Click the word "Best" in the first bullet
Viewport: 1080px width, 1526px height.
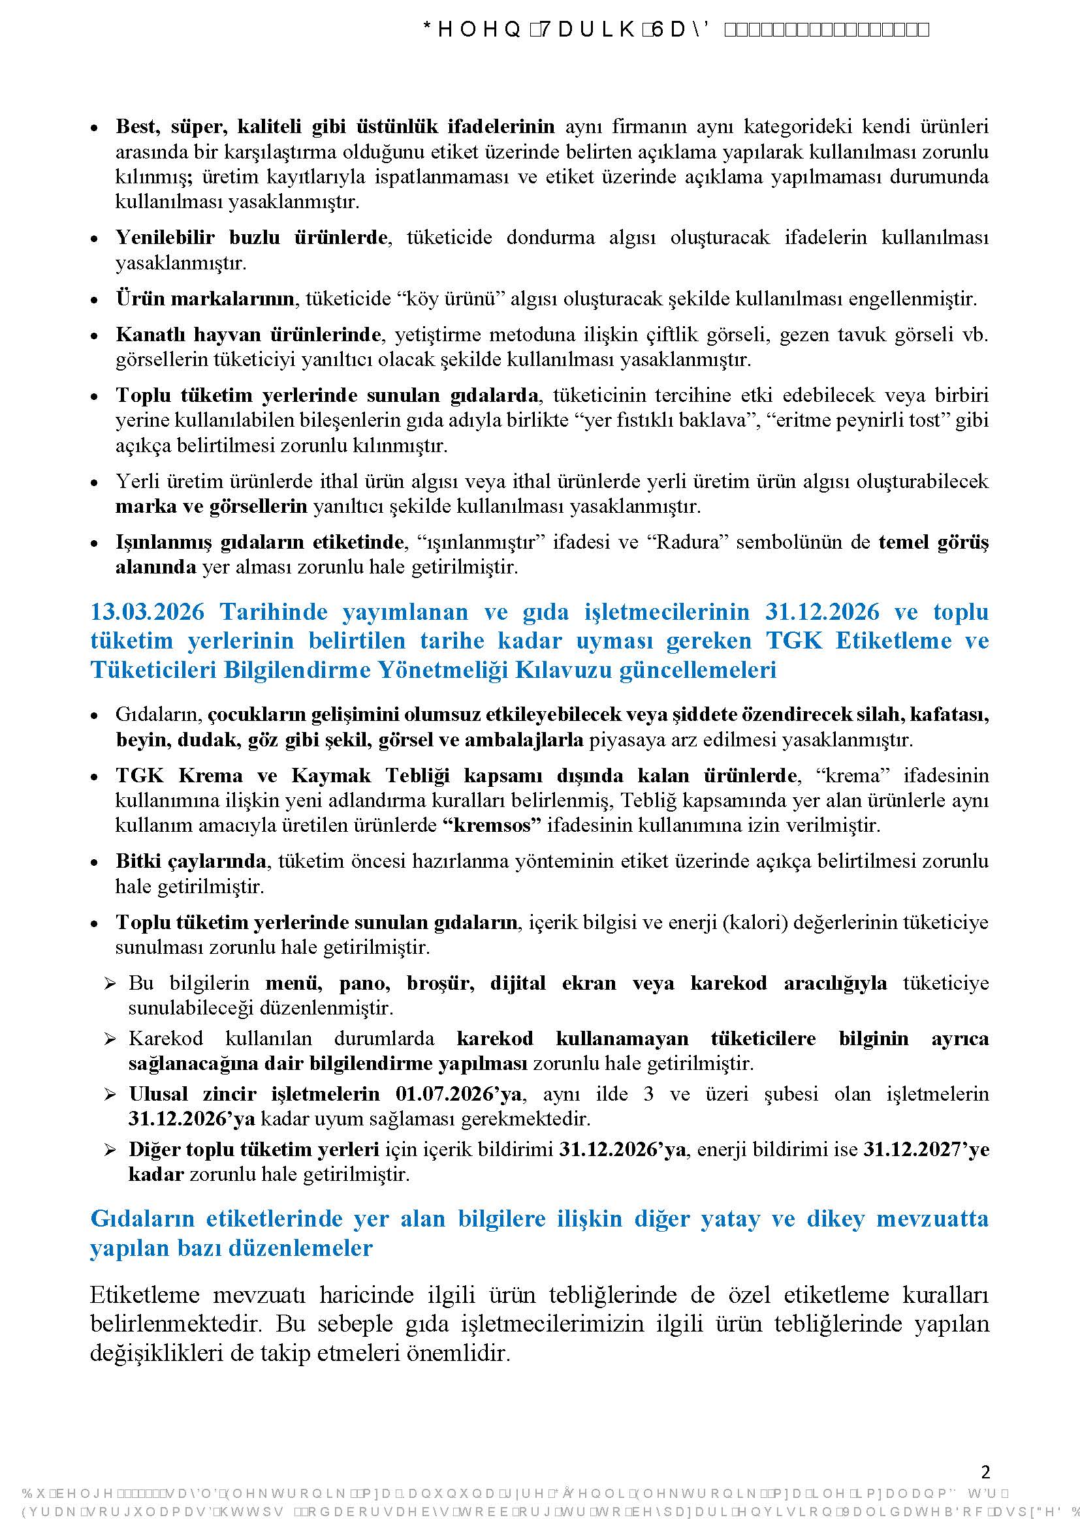click(136, 126)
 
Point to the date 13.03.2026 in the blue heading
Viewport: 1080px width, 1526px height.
click(147, 611)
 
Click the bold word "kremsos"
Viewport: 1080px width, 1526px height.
click(492, 825)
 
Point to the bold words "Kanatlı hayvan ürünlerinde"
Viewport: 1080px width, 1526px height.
click(249, 334)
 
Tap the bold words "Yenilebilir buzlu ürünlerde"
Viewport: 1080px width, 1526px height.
click(251, 237)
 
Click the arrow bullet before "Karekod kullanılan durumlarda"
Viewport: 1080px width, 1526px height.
click(110, 1039)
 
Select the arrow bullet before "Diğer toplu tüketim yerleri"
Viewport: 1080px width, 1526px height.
click(110, 1150)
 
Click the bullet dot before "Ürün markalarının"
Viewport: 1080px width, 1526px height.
click(95, 299)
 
